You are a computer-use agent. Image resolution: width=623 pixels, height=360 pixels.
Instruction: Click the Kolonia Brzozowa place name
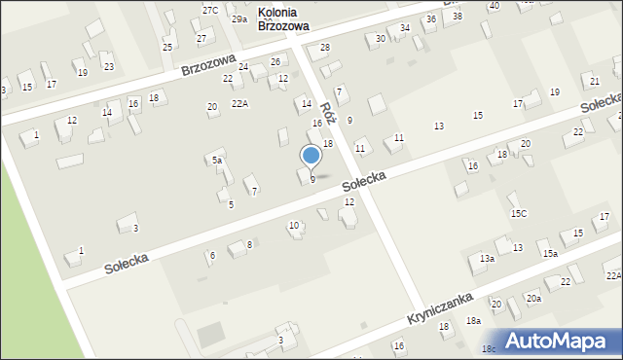point(283,20)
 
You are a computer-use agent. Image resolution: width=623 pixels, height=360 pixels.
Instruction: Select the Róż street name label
point(328,114)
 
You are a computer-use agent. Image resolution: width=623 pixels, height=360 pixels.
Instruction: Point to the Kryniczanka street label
point(440,309)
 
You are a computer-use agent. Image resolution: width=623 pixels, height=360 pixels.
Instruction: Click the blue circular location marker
point(311,156)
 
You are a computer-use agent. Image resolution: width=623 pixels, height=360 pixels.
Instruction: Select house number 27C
point(210,9)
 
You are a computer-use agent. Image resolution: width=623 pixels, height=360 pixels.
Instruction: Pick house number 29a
point(238,18)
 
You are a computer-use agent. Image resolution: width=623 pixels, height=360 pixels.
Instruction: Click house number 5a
point(218,161)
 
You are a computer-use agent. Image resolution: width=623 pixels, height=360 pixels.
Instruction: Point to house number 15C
point(518,213)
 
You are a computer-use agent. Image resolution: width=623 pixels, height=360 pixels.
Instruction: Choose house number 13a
point(487,259)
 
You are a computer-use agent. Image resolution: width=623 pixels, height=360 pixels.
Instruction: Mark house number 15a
point(550,253)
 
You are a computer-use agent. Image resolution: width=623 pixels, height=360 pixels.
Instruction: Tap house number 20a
point(533,298)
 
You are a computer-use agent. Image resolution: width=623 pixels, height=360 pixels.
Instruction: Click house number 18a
point(473,320)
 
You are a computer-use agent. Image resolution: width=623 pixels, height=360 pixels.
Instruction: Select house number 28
point(325,47)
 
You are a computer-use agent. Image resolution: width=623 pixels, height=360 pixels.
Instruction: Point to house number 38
point(458,16)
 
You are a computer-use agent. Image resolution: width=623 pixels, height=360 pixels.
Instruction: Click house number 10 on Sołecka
point(294,226)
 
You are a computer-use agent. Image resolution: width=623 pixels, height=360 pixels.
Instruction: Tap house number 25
point(167,47)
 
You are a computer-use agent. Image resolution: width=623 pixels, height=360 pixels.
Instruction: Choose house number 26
point(275,61)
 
